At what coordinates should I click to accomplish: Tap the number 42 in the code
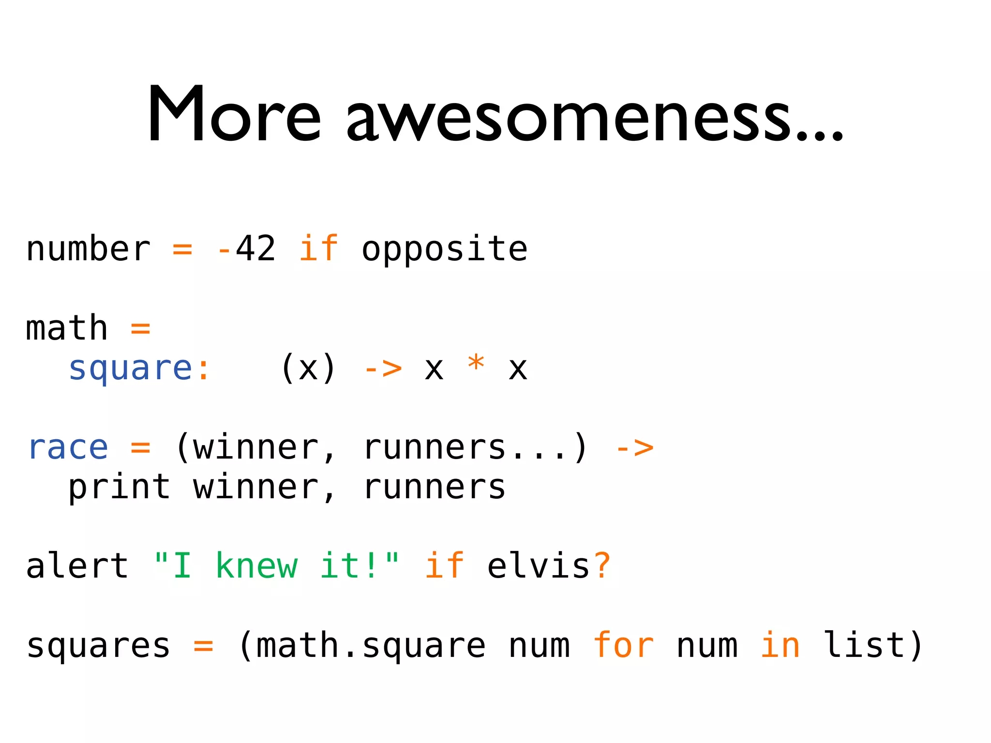(255, 249)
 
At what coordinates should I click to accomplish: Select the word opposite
(444, 250)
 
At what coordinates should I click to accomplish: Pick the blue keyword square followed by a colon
(131, 369)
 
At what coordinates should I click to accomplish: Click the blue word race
(68, 448)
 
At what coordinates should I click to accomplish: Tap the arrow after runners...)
(634, 448)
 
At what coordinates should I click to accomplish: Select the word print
(119, 488)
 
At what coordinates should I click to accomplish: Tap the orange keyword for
(623, 645)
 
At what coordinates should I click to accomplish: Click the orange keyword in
(780, 645)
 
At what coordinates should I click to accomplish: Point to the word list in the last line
(864, 645)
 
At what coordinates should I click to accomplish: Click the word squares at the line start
(99, 646)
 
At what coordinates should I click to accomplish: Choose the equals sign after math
(140, 329)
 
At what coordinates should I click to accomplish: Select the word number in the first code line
(88, 250)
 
